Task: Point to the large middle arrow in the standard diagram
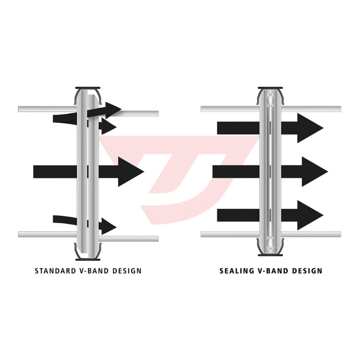point(87,171)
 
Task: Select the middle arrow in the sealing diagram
point(269,171)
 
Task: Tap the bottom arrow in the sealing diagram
point(269,215)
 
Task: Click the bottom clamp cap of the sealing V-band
point(271,254)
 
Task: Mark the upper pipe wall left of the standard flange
point(46,109)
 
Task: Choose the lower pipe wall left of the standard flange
point(46,234)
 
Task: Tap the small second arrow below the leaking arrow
point(106,127)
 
